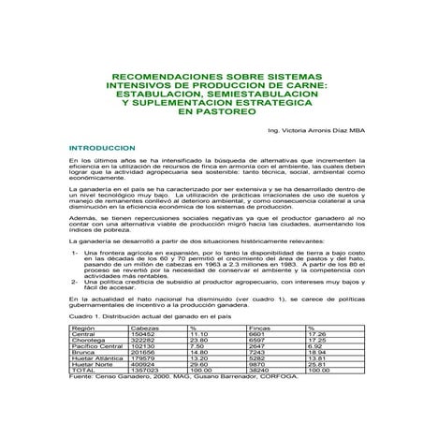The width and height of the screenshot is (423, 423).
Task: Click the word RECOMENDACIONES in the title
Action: click(x=165, y=78)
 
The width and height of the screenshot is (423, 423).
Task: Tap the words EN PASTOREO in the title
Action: click(x=211, y=111)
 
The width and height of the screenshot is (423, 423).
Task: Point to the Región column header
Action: click(x=82, y=328)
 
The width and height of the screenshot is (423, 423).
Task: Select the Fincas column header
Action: click(x=258, y=328)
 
